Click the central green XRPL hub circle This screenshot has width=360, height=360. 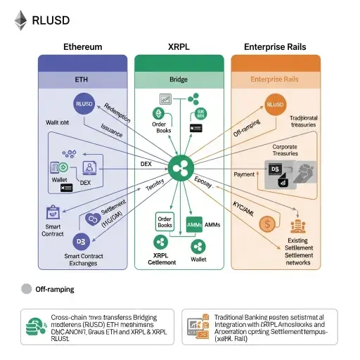tap(180, 167)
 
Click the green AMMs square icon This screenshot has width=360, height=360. tap(194, 224)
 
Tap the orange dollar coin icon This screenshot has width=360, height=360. tap(267, 224)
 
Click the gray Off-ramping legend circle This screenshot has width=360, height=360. tap(26, 288)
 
